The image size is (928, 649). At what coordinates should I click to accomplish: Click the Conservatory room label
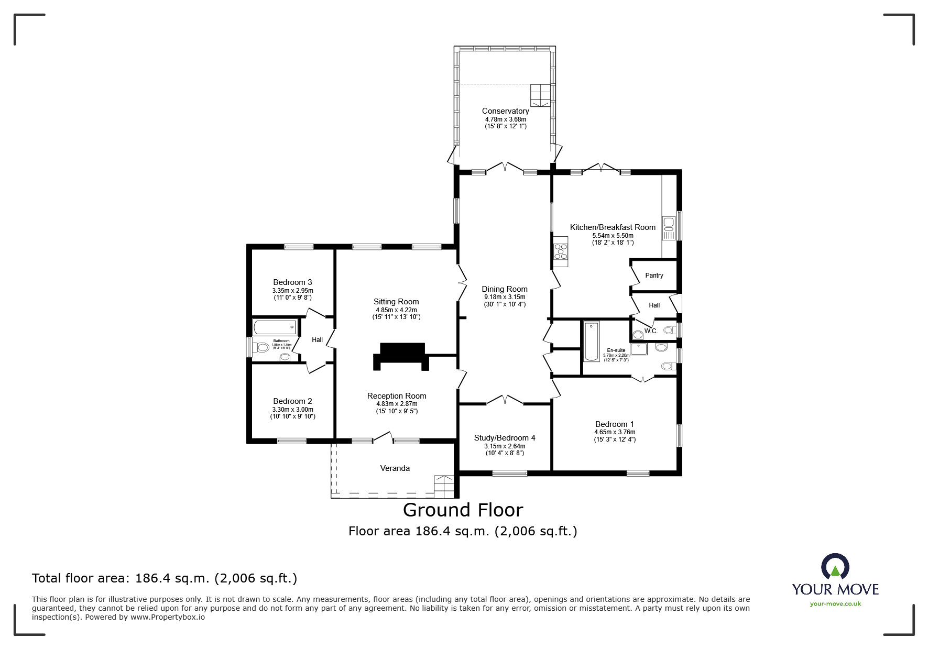click(505, 111)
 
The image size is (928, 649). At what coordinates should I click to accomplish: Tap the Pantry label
click(654, 276)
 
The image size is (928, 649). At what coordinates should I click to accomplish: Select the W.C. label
click(651, 331)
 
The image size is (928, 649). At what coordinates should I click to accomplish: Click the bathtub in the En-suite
click(591, 342)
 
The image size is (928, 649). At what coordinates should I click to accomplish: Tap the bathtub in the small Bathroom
click(275, 328)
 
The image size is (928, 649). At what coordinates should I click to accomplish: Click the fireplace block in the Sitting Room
click(401, 357)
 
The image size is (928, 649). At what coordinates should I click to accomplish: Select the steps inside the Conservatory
click(541, 95)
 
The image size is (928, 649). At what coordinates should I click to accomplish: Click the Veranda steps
click(444, 486)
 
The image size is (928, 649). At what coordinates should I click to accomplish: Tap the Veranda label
click(395, 468)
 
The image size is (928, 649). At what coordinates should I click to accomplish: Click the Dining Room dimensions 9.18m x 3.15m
click(504, 297)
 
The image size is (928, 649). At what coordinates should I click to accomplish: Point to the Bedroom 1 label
click(614, 424)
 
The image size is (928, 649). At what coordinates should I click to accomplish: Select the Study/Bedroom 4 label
click(504, 438)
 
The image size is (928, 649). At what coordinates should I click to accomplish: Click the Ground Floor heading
click(463, 510)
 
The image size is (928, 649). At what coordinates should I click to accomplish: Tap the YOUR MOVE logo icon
click(835, 567)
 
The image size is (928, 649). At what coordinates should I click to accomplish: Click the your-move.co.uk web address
click(835, 604)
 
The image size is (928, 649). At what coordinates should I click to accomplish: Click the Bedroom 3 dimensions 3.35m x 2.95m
click(292, 291)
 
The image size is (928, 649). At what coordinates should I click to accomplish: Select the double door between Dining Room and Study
click(505, 400)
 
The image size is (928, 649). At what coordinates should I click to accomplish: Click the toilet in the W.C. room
click(669, 331)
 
